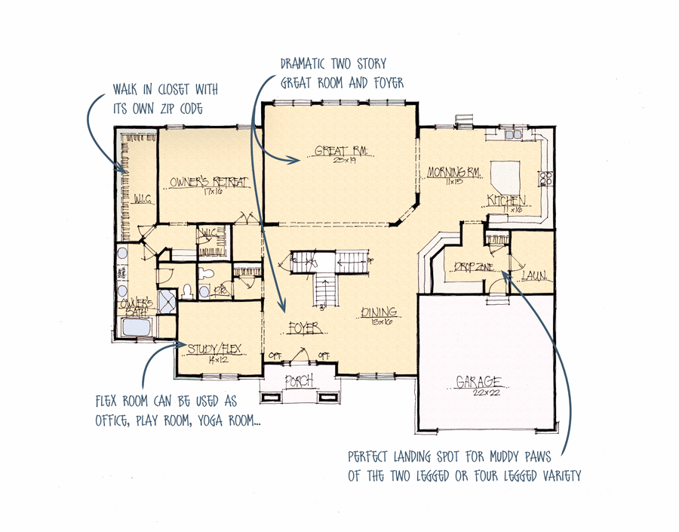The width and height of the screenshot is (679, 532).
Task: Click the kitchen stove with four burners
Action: click(x=545, y=179)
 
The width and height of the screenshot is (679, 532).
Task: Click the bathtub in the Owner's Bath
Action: click(x=136, y=328)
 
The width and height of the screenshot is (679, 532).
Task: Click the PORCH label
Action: click(x=300, y=381)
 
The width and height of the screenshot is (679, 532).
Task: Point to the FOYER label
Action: click(x=304, y=328)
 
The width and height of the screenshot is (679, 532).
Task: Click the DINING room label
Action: click(x=379, y=312)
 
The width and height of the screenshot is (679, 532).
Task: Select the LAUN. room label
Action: click(x=533, y=275)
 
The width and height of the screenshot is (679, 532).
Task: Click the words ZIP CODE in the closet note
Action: click(x=186, y=108)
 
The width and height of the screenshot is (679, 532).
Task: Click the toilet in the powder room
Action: click(x=204, y=291)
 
